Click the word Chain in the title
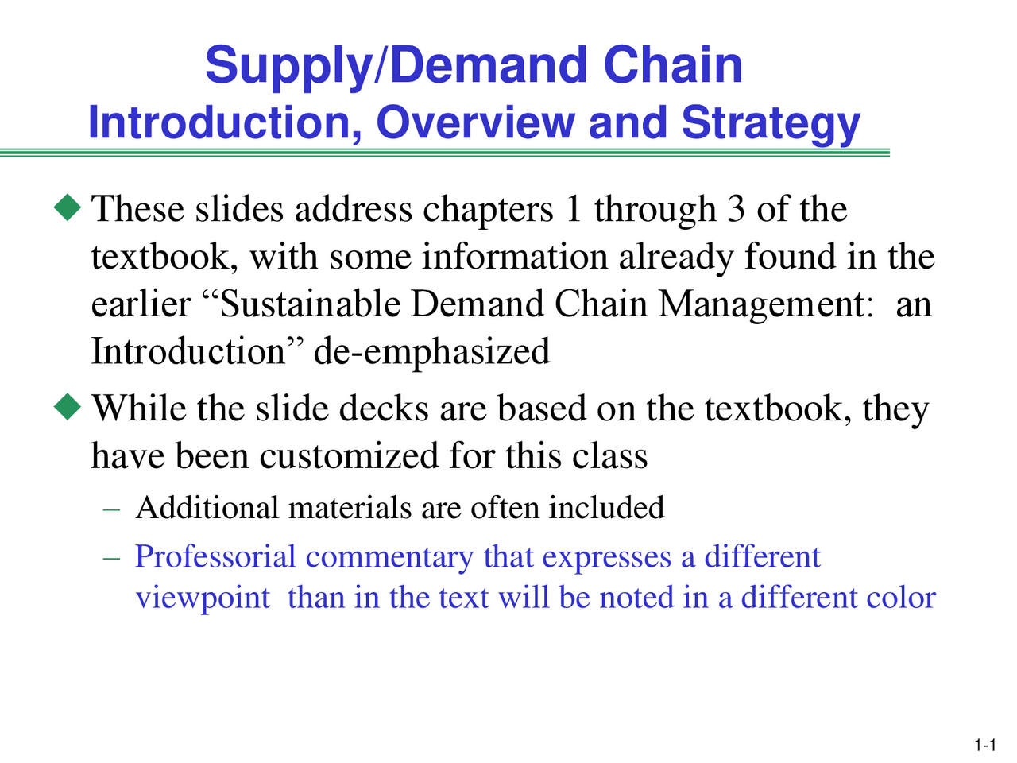(673, 65)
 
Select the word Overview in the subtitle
(476, 122)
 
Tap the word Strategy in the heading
(771, 125)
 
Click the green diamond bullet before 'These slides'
(68, 207)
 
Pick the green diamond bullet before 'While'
(68, 407)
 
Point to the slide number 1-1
(984, 745)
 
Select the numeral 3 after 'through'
(736, 209)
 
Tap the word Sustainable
(310, 304)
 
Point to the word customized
(349, 456)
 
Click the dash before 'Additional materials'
(112, 509)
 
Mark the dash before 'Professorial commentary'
(112, 558)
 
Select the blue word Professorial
(215, 556)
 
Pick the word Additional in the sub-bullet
(207, 508)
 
